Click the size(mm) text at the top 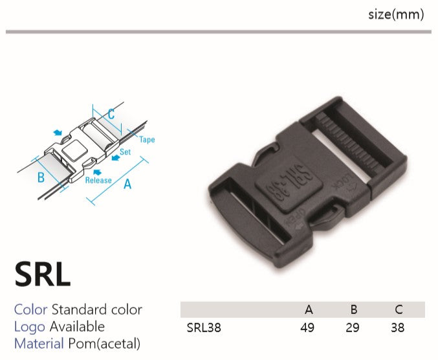tap(396, 14)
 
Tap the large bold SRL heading tap(43, 274)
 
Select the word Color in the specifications tap(30, 309)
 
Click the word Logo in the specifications tap(30, 327)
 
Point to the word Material tap(39, 344)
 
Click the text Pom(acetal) tap(104, 344)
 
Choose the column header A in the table tap(309, 309)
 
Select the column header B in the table tap(354, 309)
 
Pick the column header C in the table tap(399, 309)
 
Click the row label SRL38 tap(204, 328)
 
